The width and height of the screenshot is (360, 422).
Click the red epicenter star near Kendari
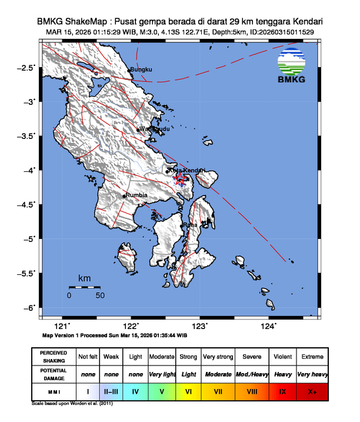click(x=181, y=177)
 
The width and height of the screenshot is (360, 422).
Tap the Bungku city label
click(x=141, y=70)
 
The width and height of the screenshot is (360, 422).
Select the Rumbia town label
click(x=136, y=195)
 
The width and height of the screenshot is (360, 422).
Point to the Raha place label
click(x=190, y=225)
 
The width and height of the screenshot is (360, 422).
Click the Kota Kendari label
click(x=186, y=170)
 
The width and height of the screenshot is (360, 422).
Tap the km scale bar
click(x=84, y=287)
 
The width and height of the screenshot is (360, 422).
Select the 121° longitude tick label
click(x=62, y=326)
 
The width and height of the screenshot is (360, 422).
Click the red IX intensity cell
click(x=283, y=391)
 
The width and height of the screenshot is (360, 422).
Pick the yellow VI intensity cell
click(x=188, y=391)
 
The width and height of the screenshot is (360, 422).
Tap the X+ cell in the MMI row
click(x=312, y=391)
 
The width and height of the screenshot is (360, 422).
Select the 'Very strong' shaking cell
click(x=218, y=357)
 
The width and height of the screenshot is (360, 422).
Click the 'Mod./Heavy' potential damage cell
click(x=252, y=374)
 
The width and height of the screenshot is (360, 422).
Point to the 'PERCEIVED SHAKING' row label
click(x=54, y=357)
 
